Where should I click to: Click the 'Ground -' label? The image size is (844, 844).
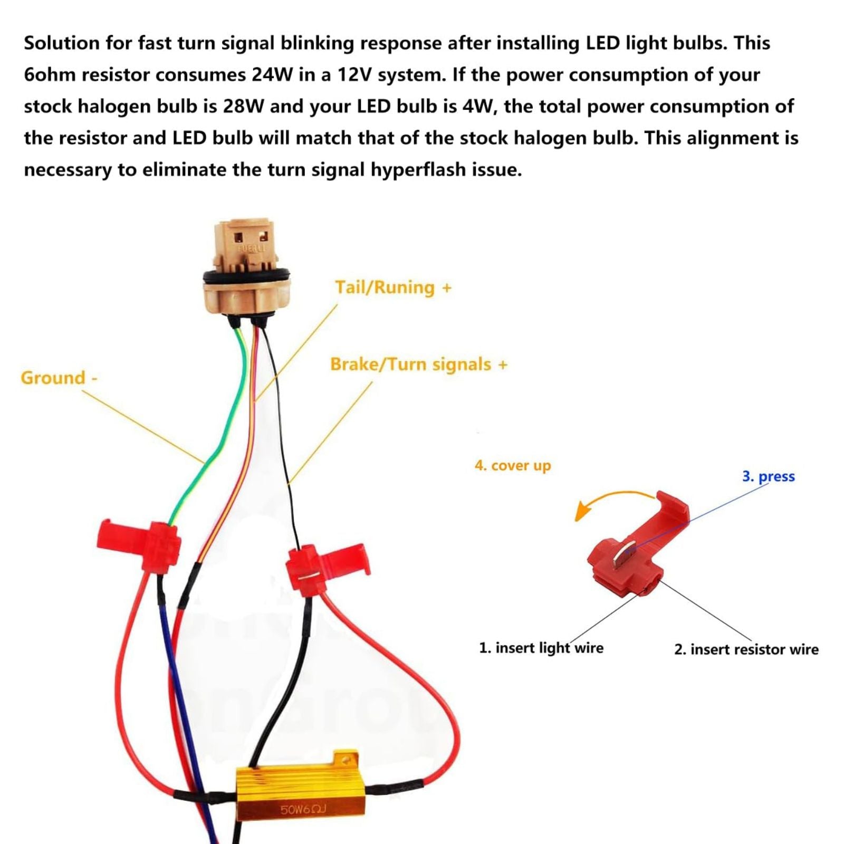(x=59, y=378)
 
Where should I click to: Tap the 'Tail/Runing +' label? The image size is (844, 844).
(x=393, y=287)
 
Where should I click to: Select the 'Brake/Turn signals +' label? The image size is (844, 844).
(x=418, y=365)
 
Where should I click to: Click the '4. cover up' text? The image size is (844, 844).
(x=512, y=466)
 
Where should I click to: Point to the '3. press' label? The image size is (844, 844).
(x=768, y=476)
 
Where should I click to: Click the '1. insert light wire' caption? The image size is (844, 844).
(x=541, y=648)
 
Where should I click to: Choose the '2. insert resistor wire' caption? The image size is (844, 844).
(x=746, y=649)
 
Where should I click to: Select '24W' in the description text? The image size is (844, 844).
(x=272, y=75)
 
